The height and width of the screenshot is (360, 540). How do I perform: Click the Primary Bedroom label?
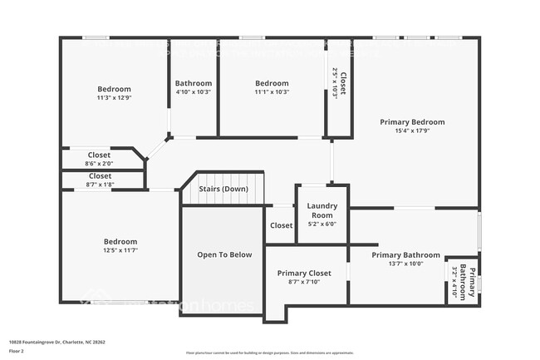pyautogui.click(x=412, y=122)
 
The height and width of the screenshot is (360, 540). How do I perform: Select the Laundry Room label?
pyautogui.click(x=322, y=210)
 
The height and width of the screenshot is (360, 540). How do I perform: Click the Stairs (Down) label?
pyautogui.click(x=223, y=189)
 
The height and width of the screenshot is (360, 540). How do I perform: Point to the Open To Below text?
pyautogui.click(x=223, y=254)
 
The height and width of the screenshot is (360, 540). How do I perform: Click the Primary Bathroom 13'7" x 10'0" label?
pyautogui.click(x=405, y=259)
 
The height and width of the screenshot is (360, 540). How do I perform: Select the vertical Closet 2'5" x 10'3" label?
pyautogui.click(x=339, y=83)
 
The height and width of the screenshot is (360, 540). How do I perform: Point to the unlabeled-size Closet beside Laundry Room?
pyautogui.click(x=281, y=225)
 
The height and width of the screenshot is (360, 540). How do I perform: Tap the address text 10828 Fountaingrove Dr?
pyautogui.click(x=56, y=342)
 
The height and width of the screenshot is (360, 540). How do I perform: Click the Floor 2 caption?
pyautogui.click(x=17, y=350)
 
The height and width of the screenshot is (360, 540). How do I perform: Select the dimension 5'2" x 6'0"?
pyautogui.click(x=322, y=224)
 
